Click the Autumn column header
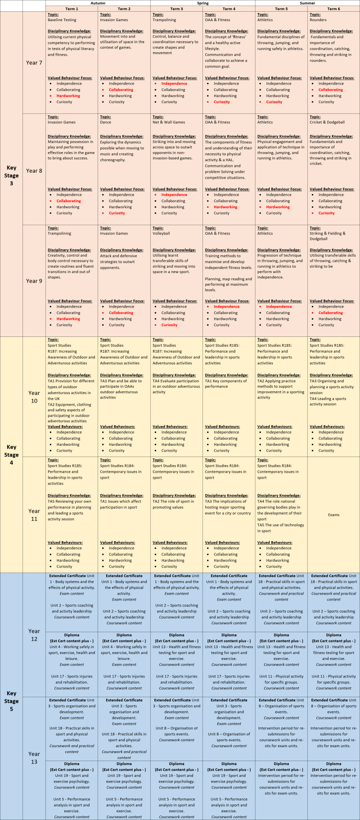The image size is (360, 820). pyautogui.click(x=98, y=3)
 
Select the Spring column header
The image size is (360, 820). pyautogui.click(x=202, y=3)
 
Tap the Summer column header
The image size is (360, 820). pyautogui.click(x=307, y=3)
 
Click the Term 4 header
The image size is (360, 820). pyautogui.click(x=229, y=9)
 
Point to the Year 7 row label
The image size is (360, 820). pyautogui.click(x=34, y=63)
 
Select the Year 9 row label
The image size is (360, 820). pyautogui.click(x=34, y=281)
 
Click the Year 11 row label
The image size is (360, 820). pyautogui.click(x=34, y=515)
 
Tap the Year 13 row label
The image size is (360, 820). pyautogui.click(x=34, y=758)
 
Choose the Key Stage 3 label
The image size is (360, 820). pyautogui.click(x=11, y=175)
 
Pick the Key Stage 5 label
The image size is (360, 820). pyautogui.click(x=11, y=701)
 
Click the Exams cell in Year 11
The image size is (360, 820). pyautogui.click(x=333, y=515)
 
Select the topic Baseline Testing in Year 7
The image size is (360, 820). pyautogui.click(x=62, y=20)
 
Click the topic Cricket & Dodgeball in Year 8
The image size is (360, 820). pyautogui.click(x=327, y=122)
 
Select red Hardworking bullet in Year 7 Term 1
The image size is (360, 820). pyautogui.click(x=68, y=96)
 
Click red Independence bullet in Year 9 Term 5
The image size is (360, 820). pyautogui.click(x=279, y=307)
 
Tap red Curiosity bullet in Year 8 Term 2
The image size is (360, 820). pyautogui.click(x=117, y=213)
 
